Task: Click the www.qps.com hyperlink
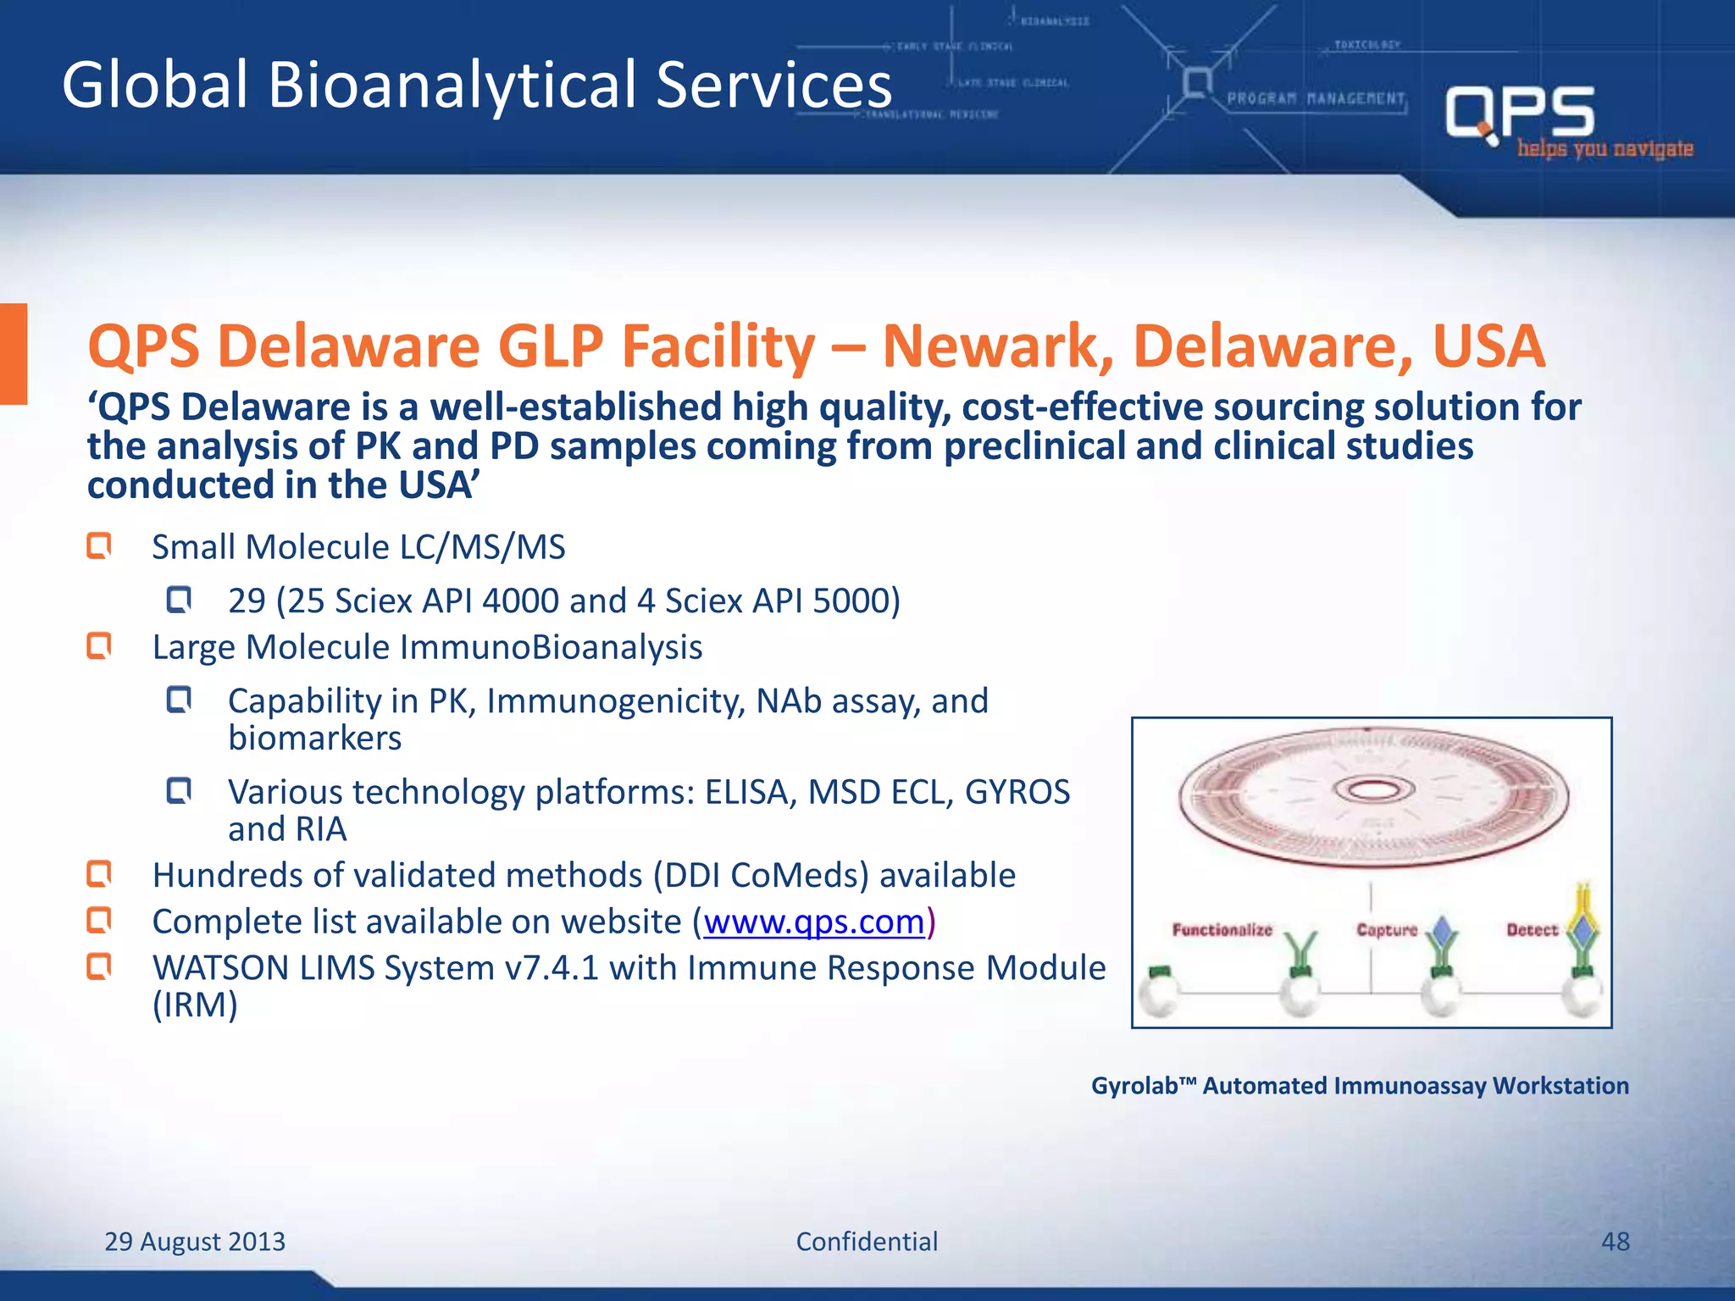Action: [x=813, y=922]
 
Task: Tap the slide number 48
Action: [x=1615, y=1242]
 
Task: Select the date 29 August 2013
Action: [x=195, y=1242]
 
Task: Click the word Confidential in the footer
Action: [x=867, y=1242]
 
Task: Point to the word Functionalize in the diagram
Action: [x=1222, y=930]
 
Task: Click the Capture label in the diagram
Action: [x=1386, y=930]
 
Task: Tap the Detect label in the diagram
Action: [x=1532, y=930]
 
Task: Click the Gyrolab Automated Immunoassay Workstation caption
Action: [x=1360, y=1086]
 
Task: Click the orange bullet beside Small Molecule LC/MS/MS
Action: [x=100, y=546]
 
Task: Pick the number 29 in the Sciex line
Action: [x=247, y=601]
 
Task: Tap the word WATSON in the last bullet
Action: [x=220, y=967]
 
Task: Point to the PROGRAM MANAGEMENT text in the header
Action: [x=1316, y=99]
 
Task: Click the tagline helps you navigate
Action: [x=1605, y=149]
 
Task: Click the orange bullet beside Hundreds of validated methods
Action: [x=100, y=874]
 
